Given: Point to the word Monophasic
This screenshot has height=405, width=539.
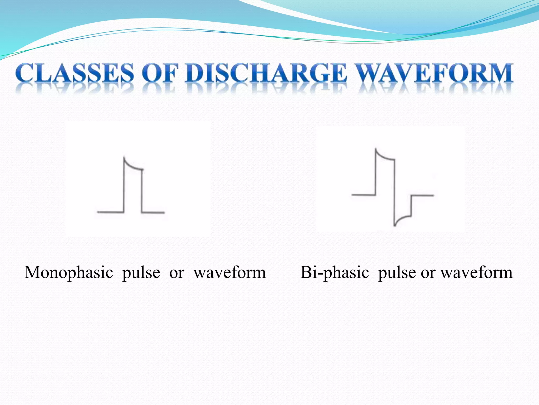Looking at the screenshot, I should tap(69, 273).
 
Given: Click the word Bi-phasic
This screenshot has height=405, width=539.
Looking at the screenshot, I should tap(335, 273).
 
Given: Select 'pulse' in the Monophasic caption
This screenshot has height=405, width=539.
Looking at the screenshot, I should tap(141, 273).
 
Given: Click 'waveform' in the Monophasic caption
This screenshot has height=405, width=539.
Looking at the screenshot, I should tap(230, 273).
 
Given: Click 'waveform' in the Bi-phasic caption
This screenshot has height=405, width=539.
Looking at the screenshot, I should tap(477, 273).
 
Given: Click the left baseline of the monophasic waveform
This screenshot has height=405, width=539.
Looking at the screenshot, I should tap(111, 212).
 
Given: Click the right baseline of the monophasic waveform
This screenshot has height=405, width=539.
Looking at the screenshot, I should tap(153, 212).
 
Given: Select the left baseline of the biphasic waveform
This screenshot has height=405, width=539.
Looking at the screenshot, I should tap(363, 195).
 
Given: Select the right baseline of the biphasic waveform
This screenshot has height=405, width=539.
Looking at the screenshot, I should tap(422, 195).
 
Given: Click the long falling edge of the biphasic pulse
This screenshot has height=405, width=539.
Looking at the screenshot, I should tap(394, 192).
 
